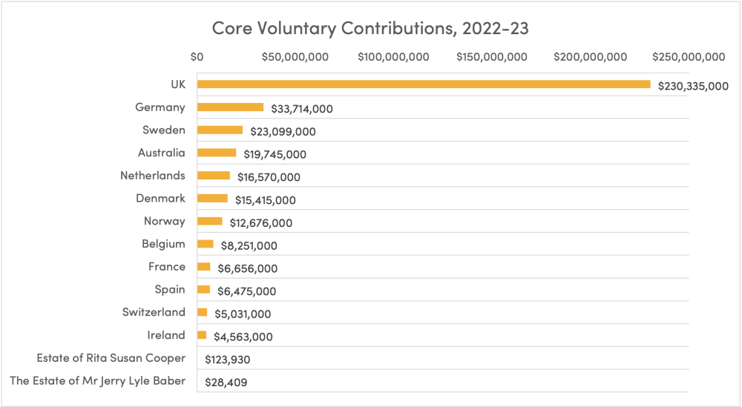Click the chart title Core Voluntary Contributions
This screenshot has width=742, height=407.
coord(370,28)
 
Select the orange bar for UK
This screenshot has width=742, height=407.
coord(424,85)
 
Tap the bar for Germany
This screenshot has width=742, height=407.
coord(230,107)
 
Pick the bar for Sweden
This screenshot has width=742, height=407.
coord(220,130)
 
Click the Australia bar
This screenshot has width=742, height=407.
coord(217,153)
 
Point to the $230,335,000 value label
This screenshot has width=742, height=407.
coord(693,86)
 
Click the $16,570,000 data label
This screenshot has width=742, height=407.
coord(269,177)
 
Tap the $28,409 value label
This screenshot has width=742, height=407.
coord(226,383)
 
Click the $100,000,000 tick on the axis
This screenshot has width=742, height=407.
coord(393,57)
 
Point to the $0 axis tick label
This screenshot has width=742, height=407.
coord(197,57)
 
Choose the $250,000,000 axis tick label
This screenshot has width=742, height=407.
coord(688,57)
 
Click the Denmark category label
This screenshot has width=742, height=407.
coord(160,198)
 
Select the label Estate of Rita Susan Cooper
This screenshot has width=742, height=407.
coord(111,358)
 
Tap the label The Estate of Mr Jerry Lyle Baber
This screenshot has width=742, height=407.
coord(97,381)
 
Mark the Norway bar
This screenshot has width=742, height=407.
coord(210,221)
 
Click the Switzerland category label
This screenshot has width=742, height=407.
coord(154,312)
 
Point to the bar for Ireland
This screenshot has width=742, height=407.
coord(202,335)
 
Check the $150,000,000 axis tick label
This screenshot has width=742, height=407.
coord(491,57)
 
